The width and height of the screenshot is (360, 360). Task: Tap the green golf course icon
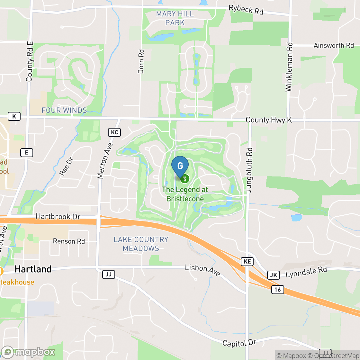point(185,179)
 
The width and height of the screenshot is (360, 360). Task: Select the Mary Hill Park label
point(175,18)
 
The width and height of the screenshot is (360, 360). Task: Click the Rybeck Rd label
point(246,9)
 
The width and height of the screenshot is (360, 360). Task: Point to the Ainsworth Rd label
point(334,45)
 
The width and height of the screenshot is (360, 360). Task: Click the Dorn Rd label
point(141,61)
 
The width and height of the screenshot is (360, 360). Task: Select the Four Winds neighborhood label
point(64,110)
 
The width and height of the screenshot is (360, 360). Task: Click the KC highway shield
point(114,132)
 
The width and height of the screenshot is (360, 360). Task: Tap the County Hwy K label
point(269,120)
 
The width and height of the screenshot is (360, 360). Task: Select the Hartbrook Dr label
point(58,216)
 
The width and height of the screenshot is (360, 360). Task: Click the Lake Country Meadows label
point(141,244)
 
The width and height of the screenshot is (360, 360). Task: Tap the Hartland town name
point(33,269)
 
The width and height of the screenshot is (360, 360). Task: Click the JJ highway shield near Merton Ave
point(109,274)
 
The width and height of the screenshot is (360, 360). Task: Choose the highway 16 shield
point(277,290)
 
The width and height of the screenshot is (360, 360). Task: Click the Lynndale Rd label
point(306,272)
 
